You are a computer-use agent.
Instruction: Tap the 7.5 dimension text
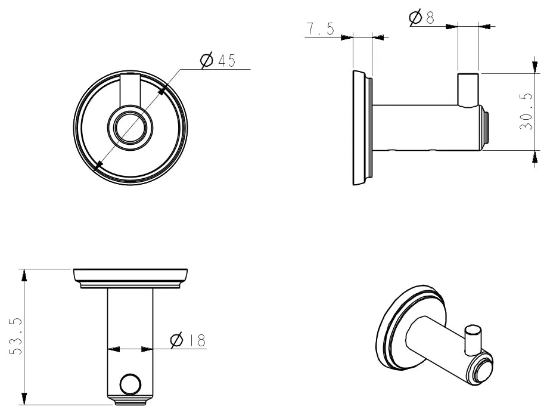[x=321, y=29]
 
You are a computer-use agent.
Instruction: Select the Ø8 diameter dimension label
[x=422, y=17]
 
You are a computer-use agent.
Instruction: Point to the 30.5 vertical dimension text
[x=526, y=112]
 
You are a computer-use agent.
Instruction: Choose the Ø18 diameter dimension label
[x=188, y=340]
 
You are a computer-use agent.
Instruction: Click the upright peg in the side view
[x=468, y=89]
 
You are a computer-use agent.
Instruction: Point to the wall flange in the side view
[x=362, y=128]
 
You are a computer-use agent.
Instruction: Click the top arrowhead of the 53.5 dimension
[x=24, y=275]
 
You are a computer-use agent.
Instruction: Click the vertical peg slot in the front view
[x=130, y=89]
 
